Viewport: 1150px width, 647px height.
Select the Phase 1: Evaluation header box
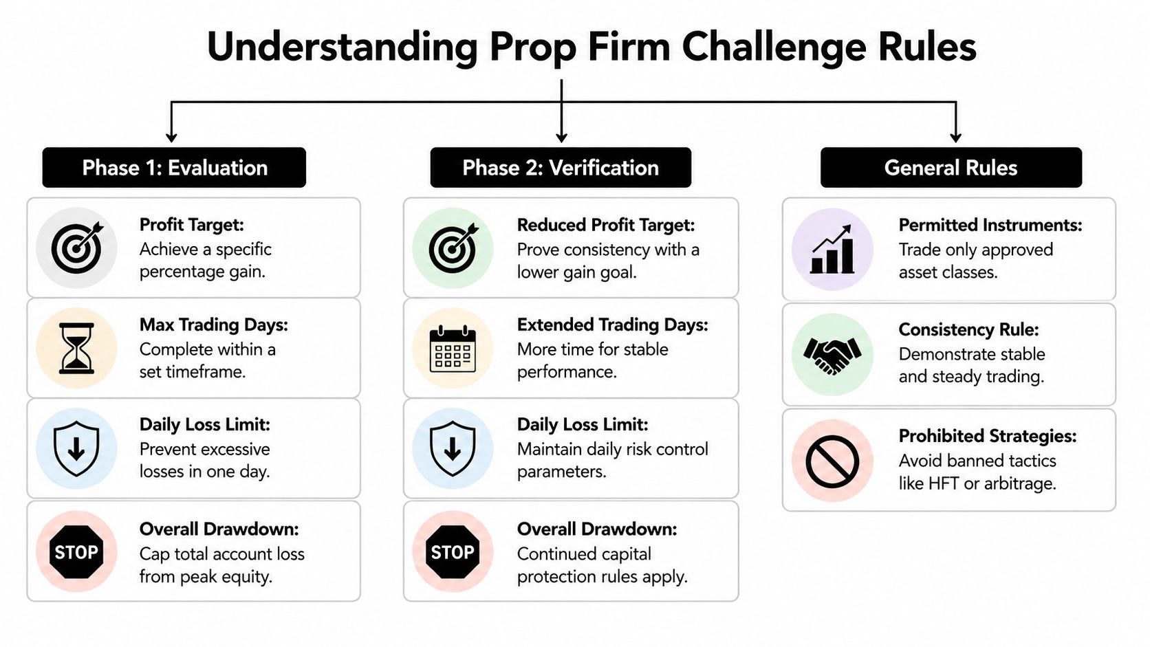click(174, 167)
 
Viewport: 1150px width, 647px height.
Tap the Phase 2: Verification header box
click(561, 167)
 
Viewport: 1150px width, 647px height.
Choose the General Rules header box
click(951, 167)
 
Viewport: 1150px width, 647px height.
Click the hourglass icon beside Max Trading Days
click(76, 349)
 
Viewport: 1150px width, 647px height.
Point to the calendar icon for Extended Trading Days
click(453, 349)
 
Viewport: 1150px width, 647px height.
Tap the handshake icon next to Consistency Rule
click(832, 355)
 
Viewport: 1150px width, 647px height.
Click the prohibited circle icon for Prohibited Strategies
click(832, 461)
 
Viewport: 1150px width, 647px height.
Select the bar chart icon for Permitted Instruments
click(832, 250)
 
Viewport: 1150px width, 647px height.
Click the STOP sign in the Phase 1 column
click(76, 552)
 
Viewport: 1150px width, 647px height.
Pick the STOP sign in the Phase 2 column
click(453, 552)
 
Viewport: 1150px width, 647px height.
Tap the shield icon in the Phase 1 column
click(76, 449)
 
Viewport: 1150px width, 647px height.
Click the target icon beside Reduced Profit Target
click(454, 248)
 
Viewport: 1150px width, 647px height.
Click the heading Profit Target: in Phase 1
click(191, 225)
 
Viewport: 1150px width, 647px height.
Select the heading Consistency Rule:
click(969, 329)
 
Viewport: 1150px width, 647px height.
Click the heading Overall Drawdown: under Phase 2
click(597, 529)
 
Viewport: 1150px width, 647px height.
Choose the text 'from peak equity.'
click(206, 577)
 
